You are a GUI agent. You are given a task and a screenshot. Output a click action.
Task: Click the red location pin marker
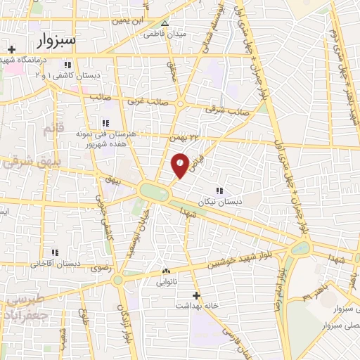180,165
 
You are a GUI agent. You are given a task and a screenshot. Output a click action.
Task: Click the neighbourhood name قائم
53,129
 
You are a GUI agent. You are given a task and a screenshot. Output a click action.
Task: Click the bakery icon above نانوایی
167,271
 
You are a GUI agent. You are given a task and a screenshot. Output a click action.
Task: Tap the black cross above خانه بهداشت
196,295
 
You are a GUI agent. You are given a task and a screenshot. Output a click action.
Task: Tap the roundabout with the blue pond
300,247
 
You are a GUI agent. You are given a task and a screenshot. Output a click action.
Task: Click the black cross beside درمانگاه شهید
11,49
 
